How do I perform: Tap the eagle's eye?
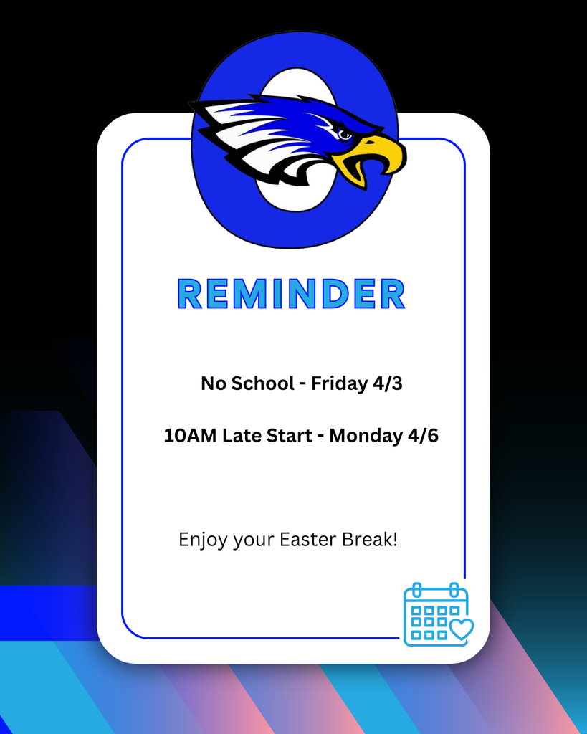tap(344, 134)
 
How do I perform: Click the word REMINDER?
tap(291, 294)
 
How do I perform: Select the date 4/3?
tap(387, 383)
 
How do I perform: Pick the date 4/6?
tap(423, 435)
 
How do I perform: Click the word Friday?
tap(339, 383)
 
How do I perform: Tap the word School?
tap(262, 383)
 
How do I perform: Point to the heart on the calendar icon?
tap(462, 629)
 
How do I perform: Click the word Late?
tap(242, 435)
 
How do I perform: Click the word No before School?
tap(214, 383)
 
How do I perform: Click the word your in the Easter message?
tap(251, 540)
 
